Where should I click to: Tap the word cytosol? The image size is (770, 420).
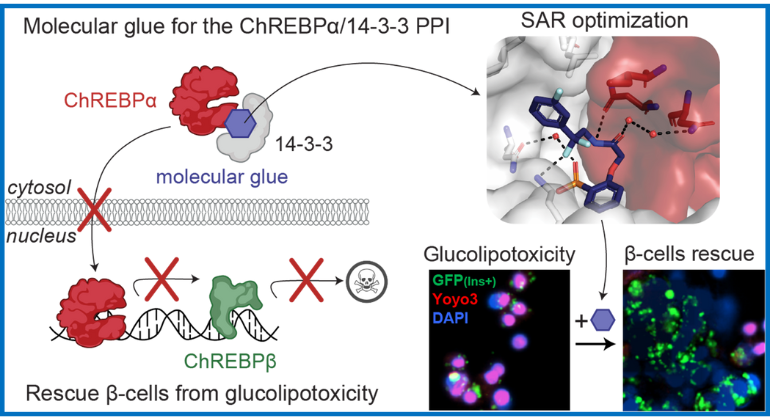coord(36,187)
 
